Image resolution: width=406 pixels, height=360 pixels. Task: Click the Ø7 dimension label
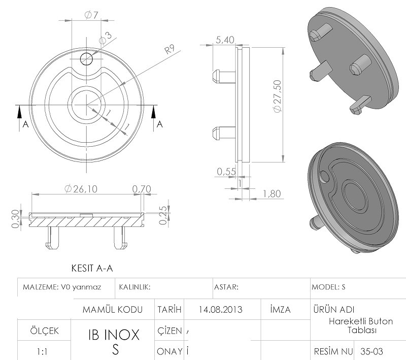(91, 15)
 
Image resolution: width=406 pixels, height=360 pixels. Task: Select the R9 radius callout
(170, 49)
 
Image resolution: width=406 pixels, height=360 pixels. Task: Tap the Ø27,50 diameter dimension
(277, 96)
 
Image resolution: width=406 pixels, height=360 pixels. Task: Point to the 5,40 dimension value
(225, 40)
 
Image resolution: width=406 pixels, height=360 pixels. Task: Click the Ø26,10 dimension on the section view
(81, 189)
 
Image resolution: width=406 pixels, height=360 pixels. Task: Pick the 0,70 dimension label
(142, 189)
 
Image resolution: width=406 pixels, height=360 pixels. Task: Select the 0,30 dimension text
(16, 219)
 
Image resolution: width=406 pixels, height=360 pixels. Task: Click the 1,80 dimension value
(272, 194)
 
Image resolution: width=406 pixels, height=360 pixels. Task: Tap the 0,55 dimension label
(226, 172)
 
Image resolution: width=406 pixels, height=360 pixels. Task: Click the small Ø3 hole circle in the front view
(86, 59)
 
